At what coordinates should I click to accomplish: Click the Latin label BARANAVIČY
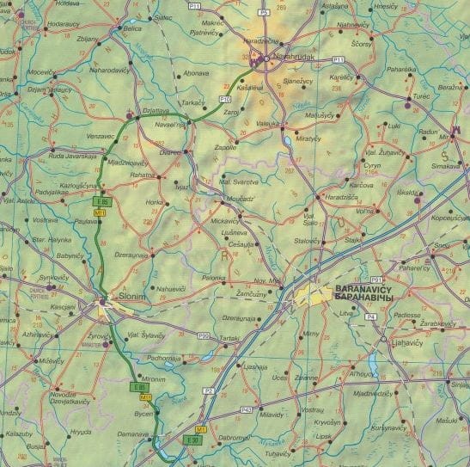point(363,290)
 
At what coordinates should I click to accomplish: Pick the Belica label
point(132,28)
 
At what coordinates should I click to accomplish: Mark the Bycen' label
point(144,413)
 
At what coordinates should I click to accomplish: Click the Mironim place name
point(152,378)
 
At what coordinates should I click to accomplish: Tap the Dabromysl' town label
point(234,436)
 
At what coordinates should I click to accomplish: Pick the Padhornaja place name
point(162,357)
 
